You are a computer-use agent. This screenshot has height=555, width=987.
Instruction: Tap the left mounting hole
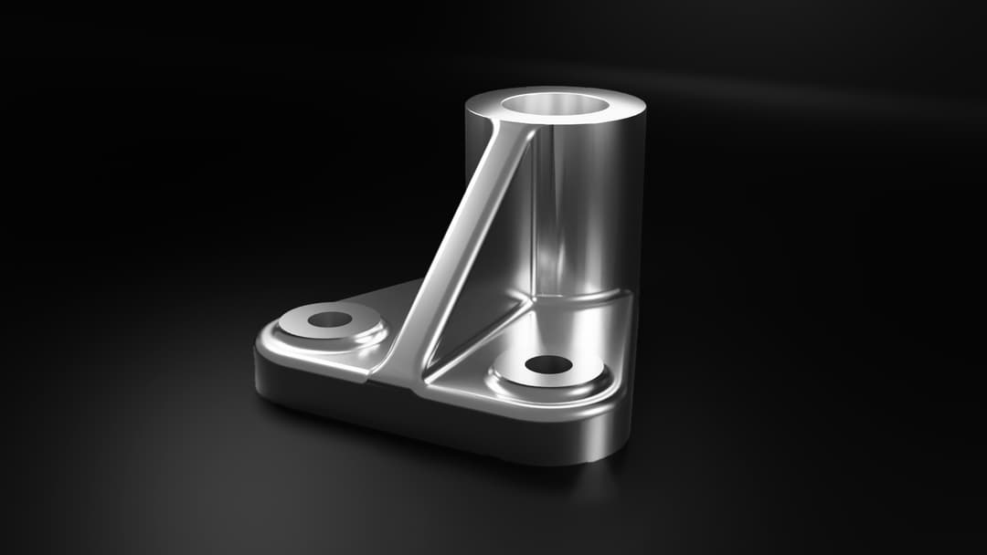[x=330, y=319]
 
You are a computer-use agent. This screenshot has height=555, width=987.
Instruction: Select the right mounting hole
[x=548, y=365]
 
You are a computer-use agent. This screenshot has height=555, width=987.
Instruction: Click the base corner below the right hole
[x=612, y=429]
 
